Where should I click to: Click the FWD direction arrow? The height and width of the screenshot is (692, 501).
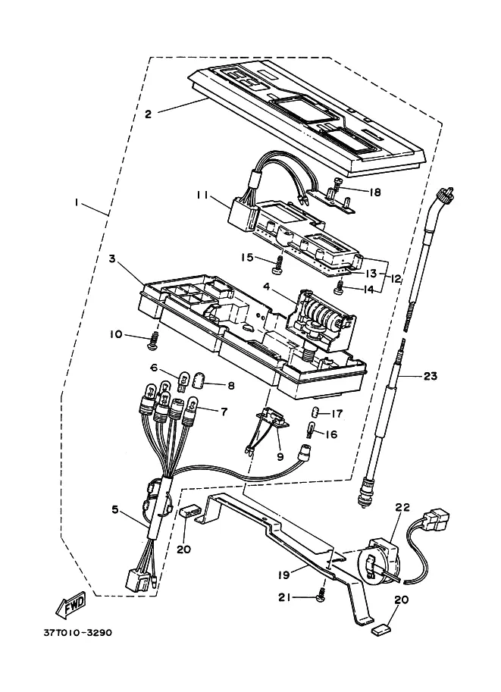tap(70, 604)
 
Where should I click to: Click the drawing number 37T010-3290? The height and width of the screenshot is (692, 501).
tap(77, 632)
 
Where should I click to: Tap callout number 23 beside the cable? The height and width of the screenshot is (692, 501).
tap(430, 376)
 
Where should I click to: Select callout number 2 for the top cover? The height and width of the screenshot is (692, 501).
tap(148, 114)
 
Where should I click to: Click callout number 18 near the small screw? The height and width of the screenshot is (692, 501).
tap(374, 192)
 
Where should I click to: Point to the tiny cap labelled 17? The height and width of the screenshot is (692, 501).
tap(315, 412)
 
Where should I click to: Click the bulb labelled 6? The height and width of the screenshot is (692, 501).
tap(183, 380)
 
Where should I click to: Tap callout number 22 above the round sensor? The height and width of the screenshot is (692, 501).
tap(403, 508)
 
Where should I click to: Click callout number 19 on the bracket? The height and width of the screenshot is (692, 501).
tap(283, 575)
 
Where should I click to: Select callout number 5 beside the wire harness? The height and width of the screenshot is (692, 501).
tap(114, 510)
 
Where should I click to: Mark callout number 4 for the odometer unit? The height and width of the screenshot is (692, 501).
tap(266, 287)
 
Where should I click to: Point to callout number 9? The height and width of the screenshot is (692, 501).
tap(280, 457)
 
